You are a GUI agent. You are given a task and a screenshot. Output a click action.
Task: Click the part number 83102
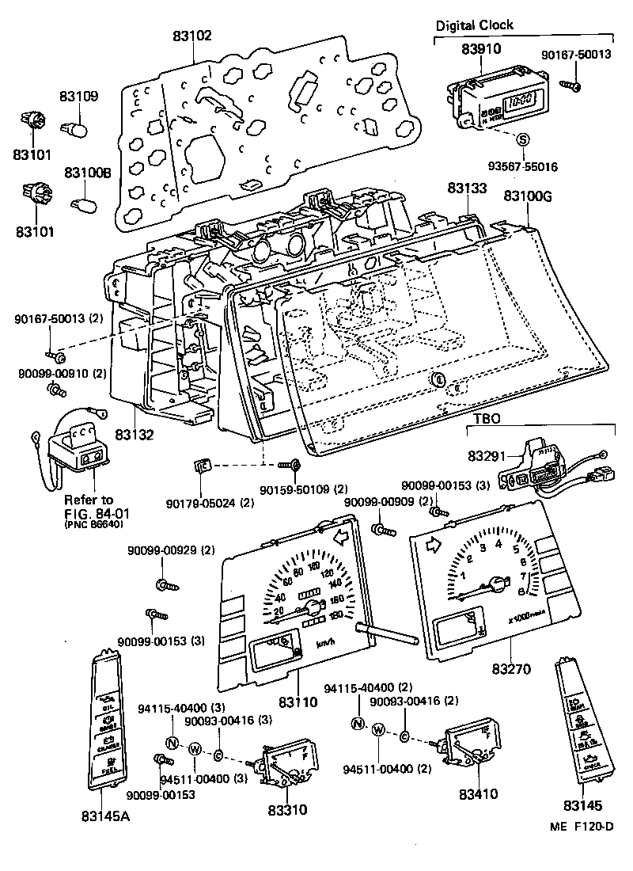(194, 36)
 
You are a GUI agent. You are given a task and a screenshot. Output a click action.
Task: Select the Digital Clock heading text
(474, 25)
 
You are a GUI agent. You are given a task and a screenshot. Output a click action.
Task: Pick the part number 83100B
(88, 172)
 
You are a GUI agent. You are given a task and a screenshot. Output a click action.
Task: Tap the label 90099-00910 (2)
(60, 372)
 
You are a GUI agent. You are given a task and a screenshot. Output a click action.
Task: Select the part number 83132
(133, 435)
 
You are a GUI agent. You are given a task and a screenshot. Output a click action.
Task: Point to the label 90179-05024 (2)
(210, 503)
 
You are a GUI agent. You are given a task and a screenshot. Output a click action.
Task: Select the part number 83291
(487, 457)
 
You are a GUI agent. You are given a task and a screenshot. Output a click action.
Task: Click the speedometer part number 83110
(298, 702)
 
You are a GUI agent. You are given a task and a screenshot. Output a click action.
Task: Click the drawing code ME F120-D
(582, 827)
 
